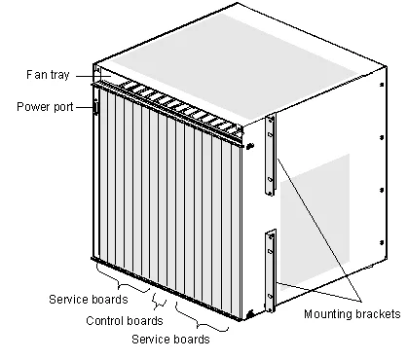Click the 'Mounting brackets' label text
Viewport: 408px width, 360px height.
352,314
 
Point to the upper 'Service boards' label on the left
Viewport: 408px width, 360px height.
88,300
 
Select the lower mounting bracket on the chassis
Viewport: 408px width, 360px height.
271,267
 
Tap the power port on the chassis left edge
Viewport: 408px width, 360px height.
95,107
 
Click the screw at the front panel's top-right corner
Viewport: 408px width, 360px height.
250,147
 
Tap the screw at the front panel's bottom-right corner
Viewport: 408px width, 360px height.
250,313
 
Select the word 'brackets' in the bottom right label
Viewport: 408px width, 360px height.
375,314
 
